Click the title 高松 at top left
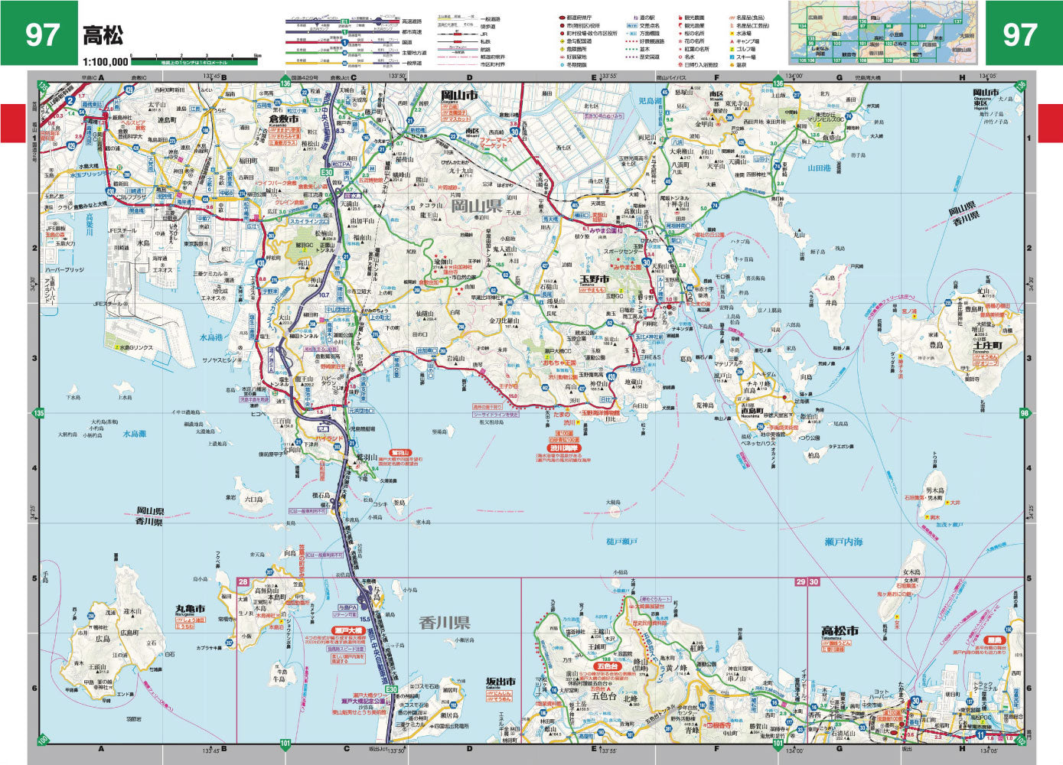tap(103, 36)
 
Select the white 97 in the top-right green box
tap(1019, 34)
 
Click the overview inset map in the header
tap(884, 32)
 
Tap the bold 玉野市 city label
tap(593, 279)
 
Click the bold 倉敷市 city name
tap(282, 119)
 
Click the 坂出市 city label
tap(501, 682)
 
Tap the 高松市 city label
tap(840, 631)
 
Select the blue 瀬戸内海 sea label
tap(844, 541)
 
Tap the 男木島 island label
tap(935, 490)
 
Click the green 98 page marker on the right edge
tap(1025, 414)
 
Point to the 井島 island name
tap(830, 303)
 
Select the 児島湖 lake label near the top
tap(651, 101)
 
